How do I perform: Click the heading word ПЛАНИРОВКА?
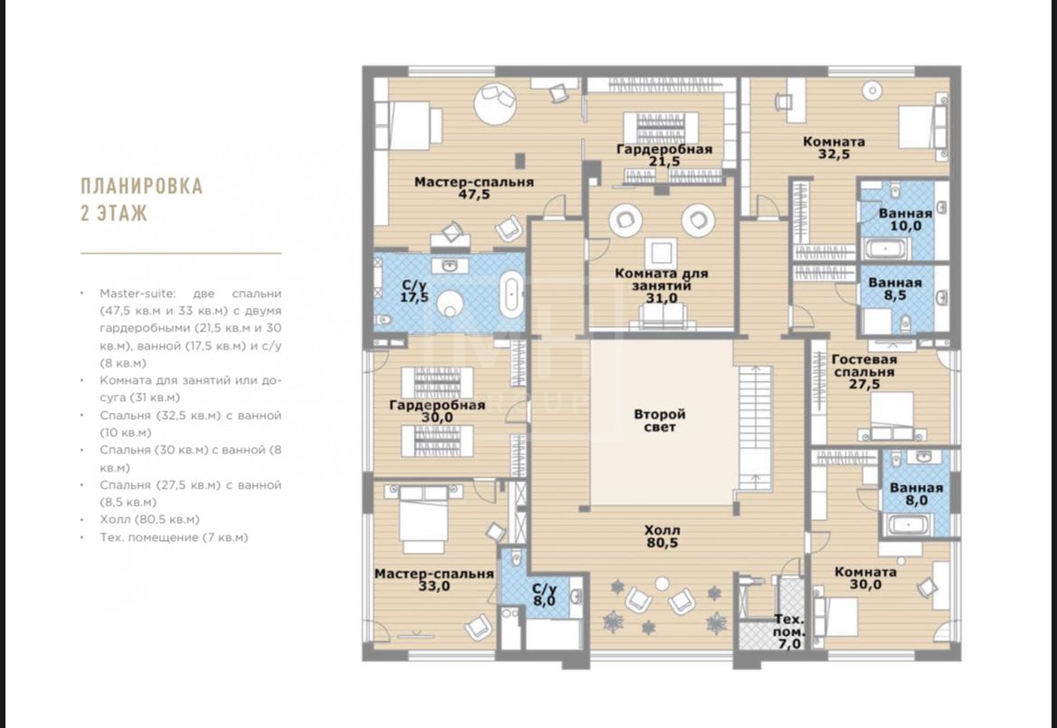142,186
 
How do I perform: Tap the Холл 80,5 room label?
661,537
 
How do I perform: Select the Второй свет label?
659,421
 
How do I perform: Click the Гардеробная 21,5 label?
664,155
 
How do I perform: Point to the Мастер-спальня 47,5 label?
474,188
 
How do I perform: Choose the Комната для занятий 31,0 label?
661,285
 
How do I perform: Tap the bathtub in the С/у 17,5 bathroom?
511,294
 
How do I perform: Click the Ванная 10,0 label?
905,219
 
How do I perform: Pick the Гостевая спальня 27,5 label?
865,372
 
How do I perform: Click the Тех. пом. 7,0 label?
790,631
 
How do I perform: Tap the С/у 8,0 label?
544,594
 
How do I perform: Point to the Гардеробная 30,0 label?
437,411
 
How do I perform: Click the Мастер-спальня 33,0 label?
435,580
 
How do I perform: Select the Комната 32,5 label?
834,147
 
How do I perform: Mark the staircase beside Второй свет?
754,429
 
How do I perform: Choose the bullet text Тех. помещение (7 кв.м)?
174,537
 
